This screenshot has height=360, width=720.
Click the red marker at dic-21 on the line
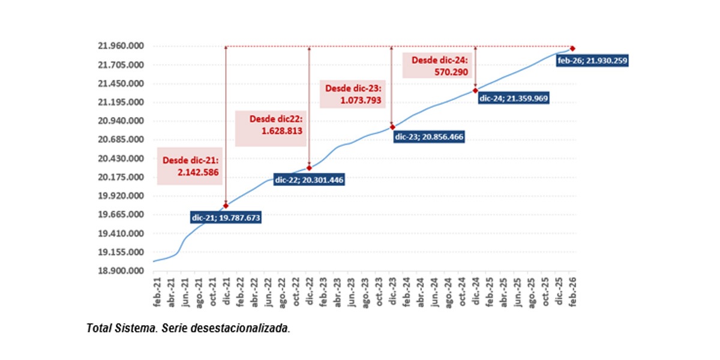pos(226,206)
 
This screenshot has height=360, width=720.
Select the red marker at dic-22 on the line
pos(309,167)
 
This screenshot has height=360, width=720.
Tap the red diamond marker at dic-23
pos(392,127)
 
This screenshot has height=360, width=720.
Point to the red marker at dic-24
pos(475,90)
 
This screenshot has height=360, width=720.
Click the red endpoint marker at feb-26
pos(572,49)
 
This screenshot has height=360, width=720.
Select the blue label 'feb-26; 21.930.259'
pos(592,61)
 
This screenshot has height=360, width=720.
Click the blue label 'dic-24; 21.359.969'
pos(513,97)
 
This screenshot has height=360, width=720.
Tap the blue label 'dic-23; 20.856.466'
pos(430,137)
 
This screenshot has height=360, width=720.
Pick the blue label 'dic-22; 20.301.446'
pos(309,179)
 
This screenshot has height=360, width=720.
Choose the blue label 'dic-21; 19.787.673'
pos(226,217)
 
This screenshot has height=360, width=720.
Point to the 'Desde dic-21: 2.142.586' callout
pos(189,166)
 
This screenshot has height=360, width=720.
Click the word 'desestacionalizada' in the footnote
pos(247,329)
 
